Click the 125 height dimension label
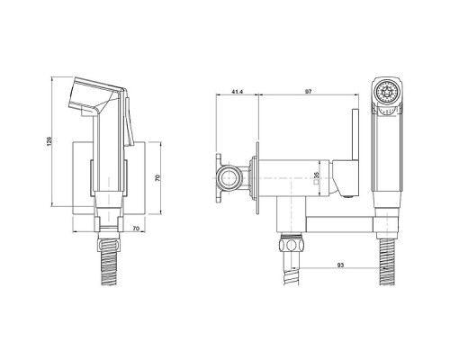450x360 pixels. tap(49, 141)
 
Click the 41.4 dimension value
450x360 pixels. tap(238, 92)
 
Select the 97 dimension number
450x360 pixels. tap(308, 92)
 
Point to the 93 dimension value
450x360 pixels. tap(340, 265)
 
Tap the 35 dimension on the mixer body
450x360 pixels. tap(315, 175)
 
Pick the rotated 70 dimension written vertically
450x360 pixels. tap(158, 177)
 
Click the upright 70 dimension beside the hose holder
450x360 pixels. tap(136, 229)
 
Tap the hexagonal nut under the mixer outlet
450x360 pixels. tap(292, 245)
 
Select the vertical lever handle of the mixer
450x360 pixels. tap(355, 134)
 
